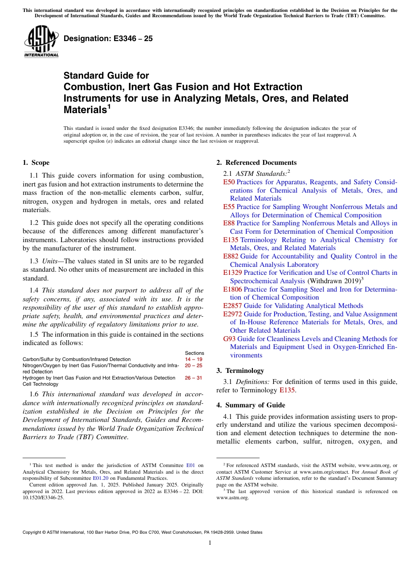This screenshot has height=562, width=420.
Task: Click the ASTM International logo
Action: [x=41, y=42]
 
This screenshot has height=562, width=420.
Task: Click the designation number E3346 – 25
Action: [x=108, y=38]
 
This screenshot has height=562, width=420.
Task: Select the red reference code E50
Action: [x=229, y=182]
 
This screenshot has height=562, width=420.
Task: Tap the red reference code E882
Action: [x=231, y=256]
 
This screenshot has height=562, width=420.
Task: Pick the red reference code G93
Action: [x=229, y=339]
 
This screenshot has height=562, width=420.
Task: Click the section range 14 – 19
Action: [x=194, y=359]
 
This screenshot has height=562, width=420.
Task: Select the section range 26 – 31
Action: [x=194, y=378]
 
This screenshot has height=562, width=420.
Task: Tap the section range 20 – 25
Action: [x=194, y=365]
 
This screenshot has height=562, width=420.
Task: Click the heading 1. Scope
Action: [x=36, y=163]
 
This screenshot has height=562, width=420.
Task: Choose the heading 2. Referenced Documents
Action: [x=256, y=163]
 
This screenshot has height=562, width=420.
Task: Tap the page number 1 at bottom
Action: [x=210, y=543]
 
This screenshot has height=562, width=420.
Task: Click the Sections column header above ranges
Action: [x=195, y=353]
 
